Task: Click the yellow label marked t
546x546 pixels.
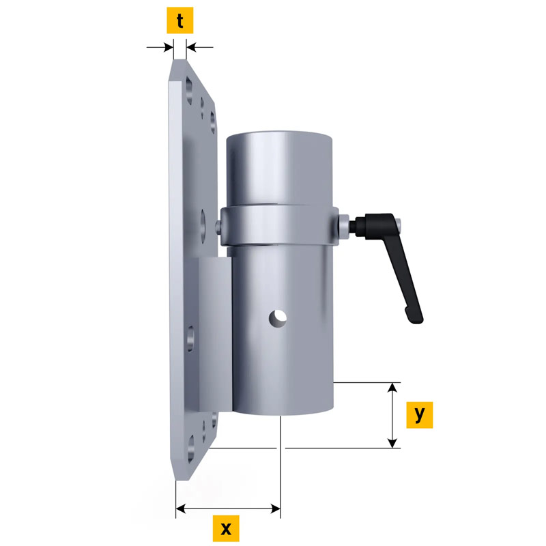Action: (179, 20)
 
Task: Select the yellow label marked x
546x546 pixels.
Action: (226, 528)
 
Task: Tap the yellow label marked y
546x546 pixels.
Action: (420, 415)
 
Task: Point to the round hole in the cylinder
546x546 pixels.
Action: (278, 319)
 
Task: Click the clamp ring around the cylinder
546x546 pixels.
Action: (279, 226)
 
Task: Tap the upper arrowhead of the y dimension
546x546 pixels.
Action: (392, 387)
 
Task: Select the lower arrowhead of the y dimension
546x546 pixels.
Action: (392, 443)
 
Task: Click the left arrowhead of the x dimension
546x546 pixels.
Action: (181, 508)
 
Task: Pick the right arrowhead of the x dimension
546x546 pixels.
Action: (276, 508)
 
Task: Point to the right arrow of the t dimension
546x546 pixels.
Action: (199, 47)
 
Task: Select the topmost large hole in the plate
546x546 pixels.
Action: (189, 90)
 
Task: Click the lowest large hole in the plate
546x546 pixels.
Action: (191, 449)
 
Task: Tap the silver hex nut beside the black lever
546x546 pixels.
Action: (343, 225)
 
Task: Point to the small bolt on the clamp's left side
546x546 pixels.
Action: (218, 227)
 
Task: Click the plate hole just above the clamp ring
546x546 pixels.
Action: (203, 221)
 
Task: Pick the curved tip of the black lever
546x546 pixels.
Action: (414, 317)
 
